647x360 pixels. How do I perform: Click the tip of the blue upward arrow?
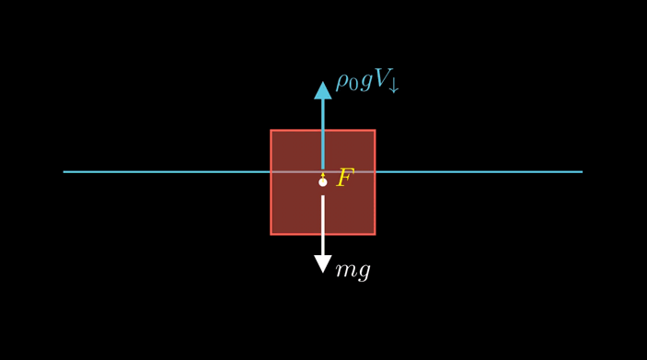(322, 82)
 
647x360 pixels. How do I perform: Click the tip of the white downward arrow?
(322, 273)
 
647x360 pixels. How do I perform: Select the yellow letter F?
(345, 178)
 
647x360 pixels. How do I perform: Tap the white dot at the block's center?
(322, 182)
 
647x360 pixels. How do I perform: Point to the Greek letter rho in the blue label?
(342, 82)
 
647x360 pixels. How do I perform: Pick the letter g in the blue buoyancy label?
(365, 83)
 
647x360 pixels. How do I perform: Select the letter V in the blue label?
(381, 79)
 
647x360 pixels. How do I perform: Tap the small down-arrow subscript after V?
(394, 87)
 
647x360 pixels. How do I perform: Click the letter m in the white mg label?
(345, 270)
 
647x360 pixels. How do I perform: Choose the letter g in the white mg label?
(364, 273)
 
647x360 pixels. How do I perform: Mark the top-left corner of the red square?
(272, 131)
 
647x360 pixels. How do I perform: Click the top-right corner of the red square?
(374, 131)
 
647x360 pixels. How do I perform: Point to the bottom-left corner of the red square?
(272, 234)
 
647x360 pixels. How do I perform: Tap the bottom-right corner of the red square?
(374, 234)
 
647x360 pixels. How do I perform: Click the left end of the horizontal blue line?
(64, 171)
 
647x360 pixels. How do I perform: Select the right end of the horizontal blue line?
(582, 171)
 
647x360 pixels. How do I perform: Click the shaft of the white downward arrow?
(322, 226)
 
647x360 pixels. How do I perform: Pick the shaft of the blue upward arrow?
(322, 129)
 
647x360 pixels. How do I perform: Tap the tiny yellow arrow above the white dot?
(322, 173)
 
